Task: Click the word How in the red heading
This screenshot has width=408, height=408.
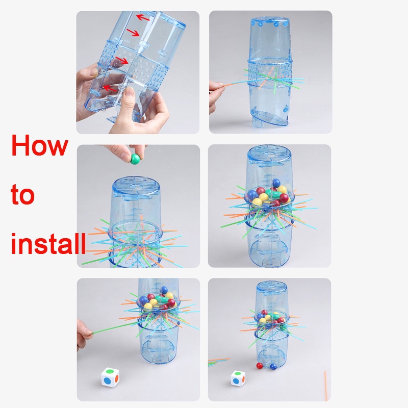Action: point(40,145)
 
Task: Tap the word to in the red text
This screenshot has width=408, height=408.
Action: point(22,194)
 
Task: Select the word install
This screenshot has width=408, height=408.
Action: point(48,243)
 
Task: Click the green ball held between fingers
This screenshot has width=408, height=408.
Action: point(135,159)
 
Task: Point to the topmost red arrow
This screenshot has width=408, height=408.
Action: point(143,18)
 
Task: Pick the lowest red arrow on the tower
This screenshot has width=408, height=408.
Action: point(110,88)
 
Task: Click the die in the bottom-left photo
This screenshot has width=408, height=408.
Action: point(110,377)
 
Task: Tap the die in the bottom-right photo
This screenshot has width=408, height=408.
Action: point(238,378)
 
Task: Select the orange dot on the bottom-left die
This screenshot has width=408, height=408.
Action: point(117,378)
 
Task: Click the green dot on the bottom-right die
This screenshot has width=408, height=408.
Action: point(238,374)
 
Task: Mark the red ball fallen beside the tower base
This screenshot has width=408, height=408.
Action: point(260,366)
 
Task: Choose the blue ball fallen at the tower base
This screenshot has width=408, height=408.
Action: point(273,367)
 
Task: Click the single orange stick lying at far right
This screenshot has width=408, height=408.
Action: point(325,386)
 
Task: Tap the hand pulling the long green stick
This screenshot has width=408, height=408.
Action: point(84,335)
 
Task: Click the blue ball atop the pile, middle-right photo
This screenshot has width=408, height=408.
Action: point(276,183)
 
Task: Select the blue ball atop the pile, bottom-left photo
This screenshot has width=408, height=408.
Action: point(164,290)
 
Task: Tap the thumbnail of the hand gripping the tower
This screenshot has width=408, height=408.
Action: point(130,92)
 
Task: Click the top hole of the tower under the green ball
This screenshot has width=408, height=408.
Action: point(135,186)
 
